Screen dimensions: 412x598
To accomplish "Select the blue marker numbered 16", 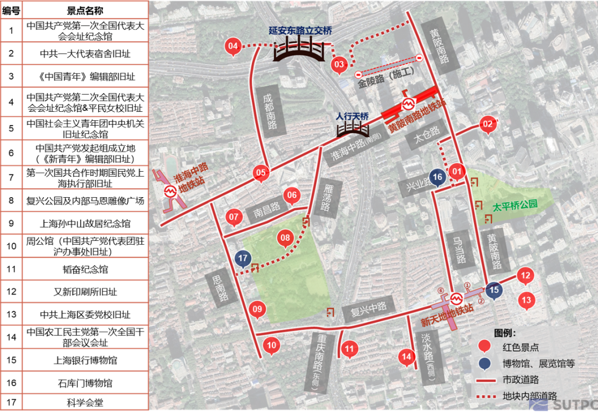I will [437, 177].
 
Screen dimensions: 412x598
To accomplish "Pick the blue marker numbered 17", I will [242, 258].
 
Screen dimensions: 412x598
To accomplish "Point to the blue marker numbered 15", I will [494, 289].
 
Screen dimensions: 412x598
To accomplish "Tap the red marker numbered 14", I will [407, 357].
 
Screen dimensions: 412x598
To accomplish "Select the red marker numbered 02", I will [487, 125].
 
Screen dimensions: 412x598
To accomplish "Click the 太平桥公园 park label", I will [515, 204].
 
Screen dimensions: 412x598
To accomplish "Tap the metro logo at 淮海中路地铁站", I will [171, 191].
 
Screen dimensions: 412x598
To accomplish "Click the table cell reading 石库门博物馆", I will [85, 383].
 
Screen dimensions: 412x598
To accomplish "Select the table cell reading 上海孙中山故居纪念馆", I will [85, 224].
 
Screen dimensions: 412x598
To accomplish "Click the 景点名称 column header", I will [85, 11].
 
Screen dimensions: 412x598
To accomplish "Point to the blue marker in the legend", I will [485, 363].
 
